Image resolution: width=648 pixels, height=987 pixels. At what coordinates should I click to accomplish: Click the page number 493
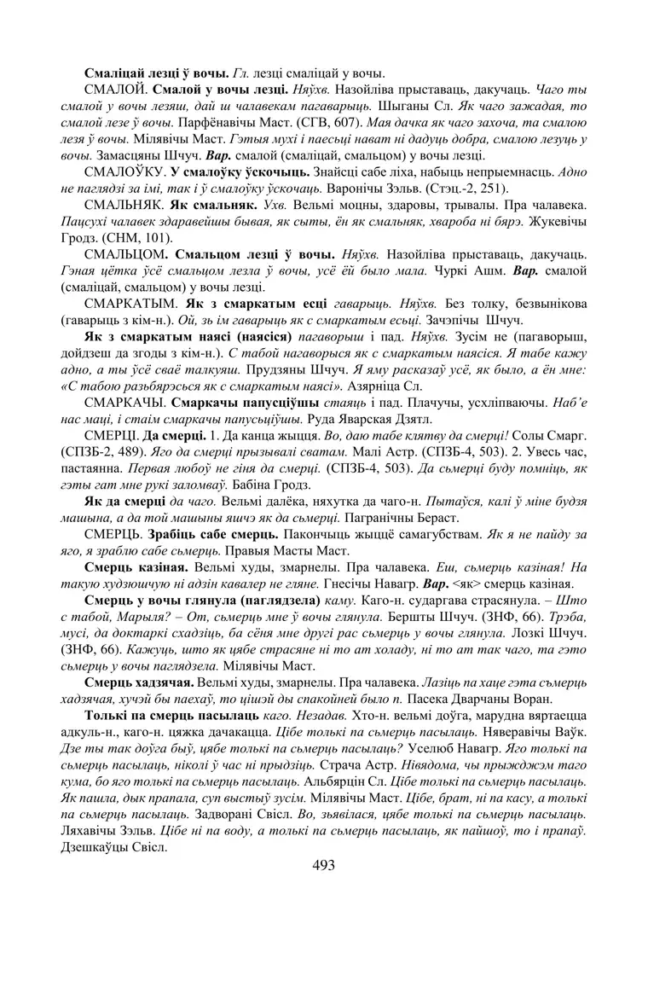pyautogui.click(x=324, y=865)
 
